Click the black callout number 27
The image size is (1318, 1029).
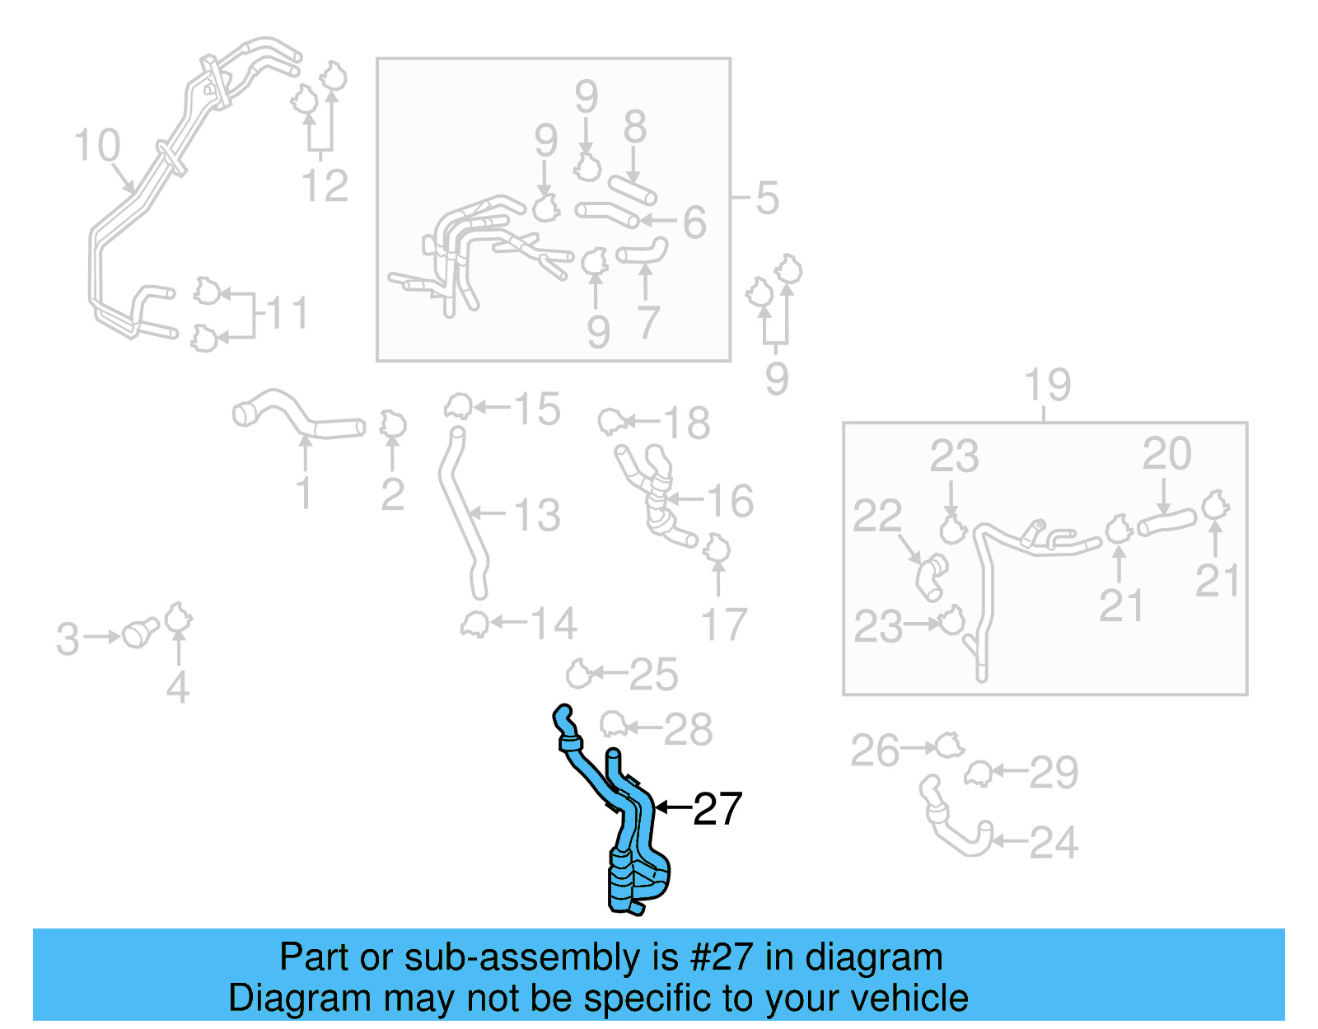click(717, 809)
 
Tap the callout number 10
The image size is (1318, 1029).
click(96, 146)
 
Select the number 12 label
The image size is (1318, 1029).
click(325, 185)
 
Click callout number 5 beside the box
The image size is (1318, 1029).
click(767, 198)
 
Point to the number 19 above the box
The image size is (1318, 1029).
click(1047, 385)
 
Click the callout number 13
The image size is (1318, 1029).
click(537, 515)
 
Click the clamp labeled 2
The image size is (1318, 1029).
click(393, 425)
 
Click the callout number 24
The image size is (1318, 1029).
click(1053, 842)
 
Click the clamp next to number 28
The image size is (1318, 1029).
click(613, 725)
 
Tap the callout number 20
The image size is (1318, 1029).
click(1166, 453)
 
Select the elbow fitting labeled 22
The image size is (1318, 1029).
click(931, 577)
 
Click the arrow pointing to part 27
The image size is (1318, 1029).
click(671, 807)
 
